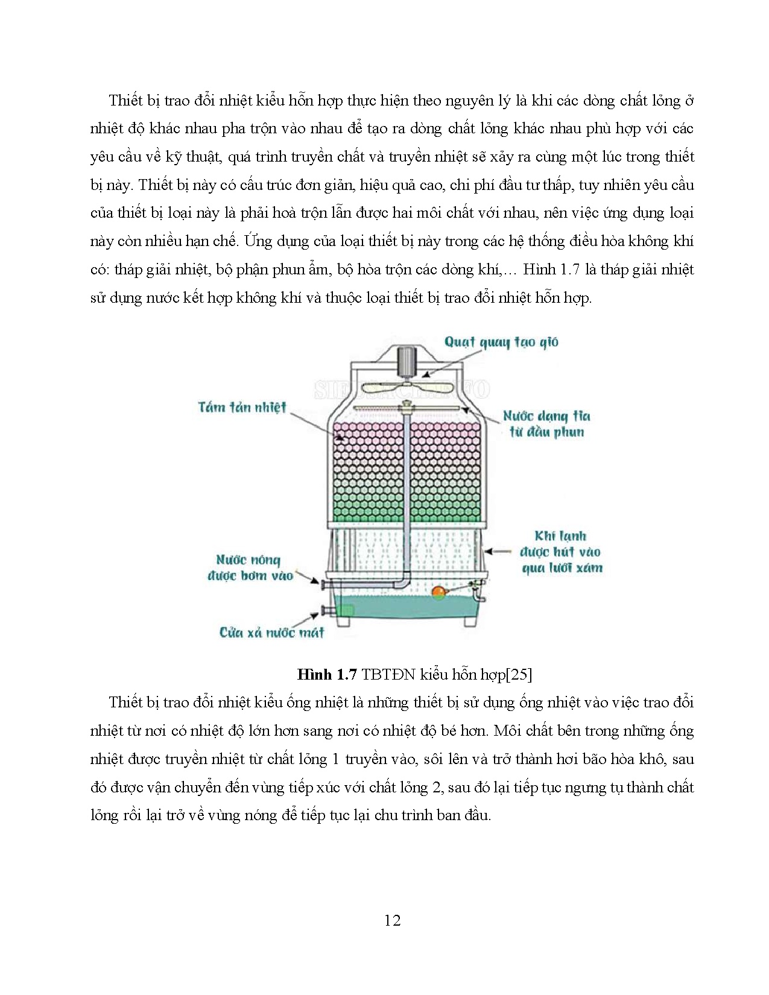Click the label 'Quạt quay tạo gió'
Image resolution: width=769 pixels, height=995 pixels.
tap(501, 343)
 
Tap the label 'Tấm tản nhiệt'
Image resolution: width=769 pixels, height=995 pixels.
tap(242, 407)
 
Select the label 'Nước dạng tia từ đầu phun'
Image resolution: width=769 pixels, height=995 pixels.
tap(546, 423)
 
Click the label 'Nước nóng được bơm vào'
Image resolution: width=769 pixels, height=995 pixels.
tap(249, 567)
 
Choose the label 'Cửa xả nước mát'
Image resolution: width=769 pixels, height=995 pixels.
tap(271, 633)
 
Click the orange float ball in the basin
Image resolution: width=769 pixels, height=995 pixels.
tap(438, 593)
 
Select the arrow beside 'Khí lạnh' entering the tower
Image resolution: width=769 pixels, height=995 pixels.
tap(496, 551)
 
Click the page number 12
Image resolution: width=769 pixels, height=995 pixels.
tap(392, 920)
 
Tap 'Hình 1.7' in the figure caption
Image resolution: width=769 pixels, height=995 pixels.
tap(328, 674)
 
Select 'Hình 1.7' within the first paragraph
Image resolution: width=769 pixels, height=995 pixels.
tap(551, 269)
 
